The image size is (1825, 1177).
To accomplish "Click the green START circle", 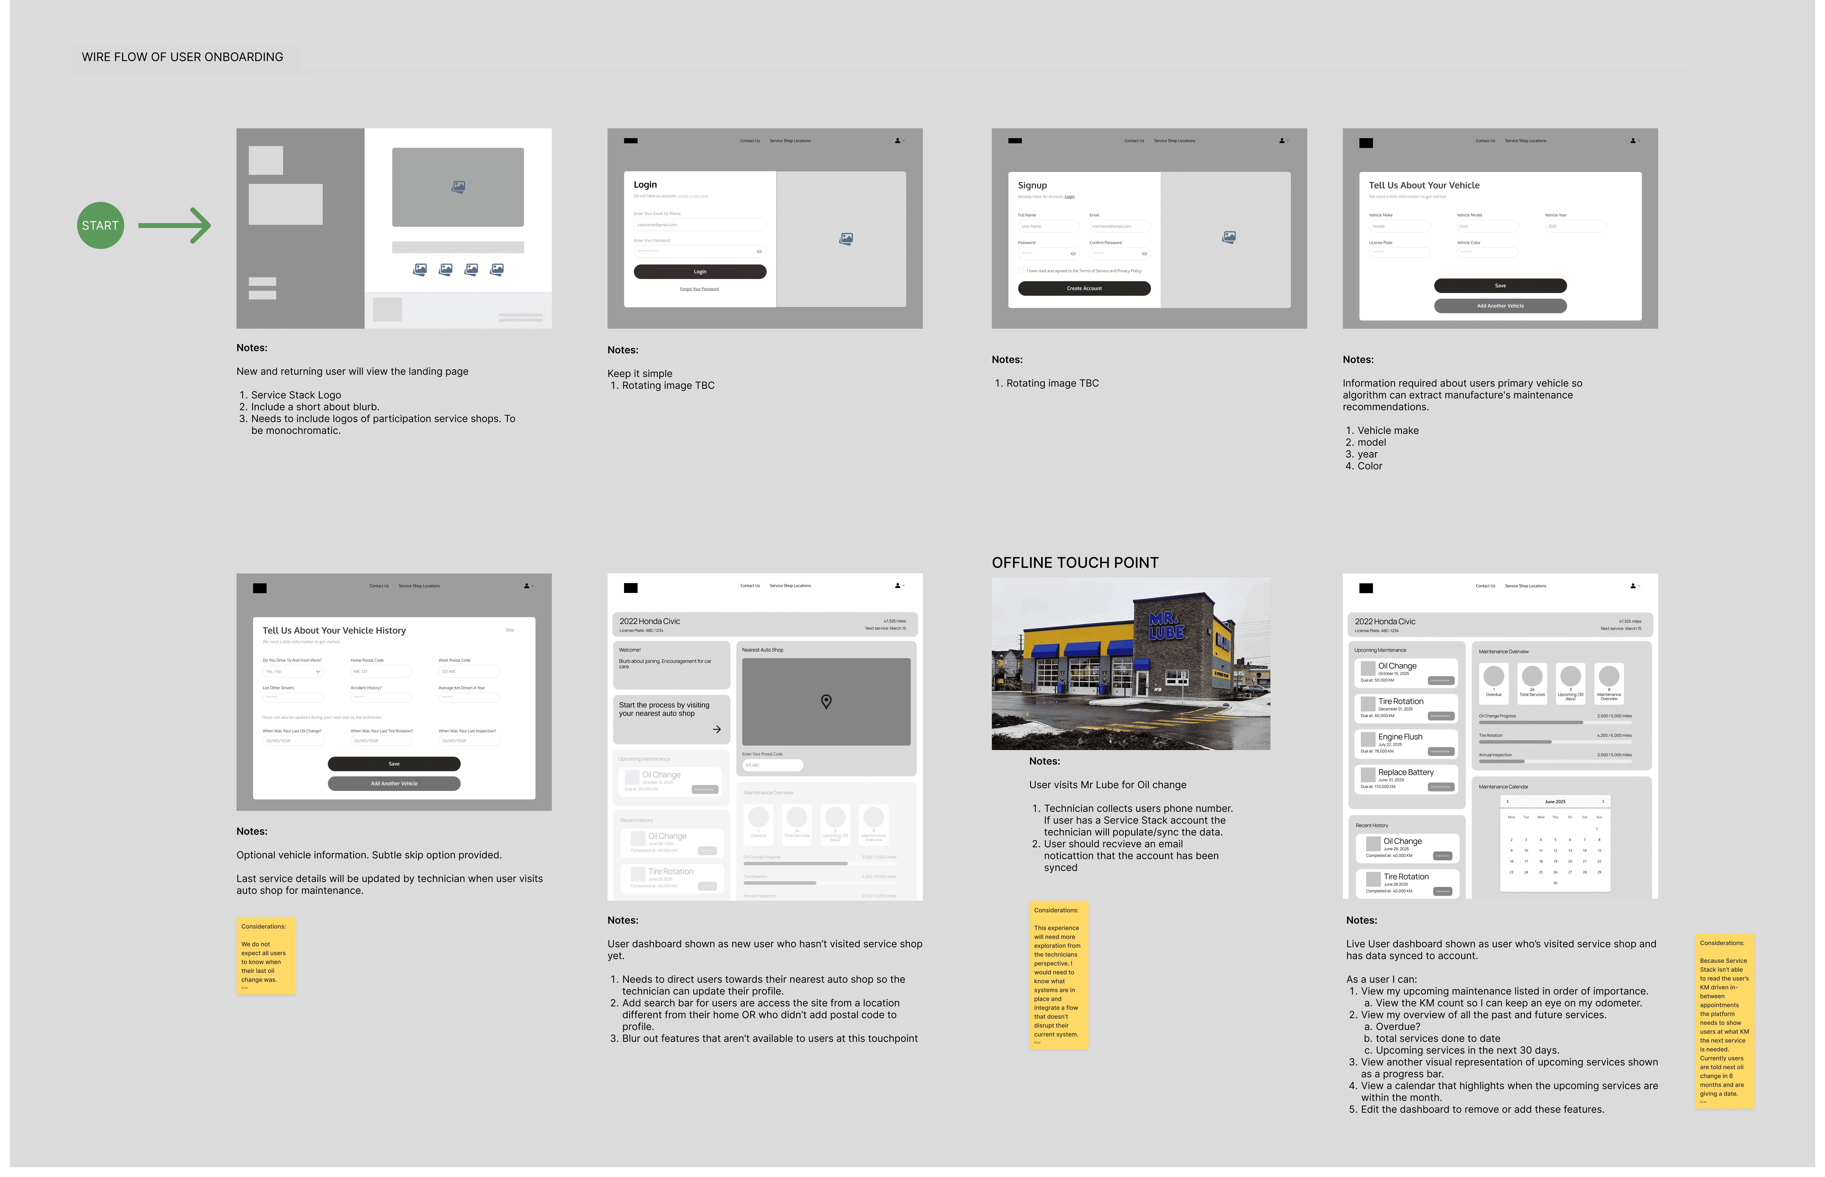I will (100, 226).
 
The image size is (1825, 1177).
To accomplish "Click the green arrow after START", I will (174, 226).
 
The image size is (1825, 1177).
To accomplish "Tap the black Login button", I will (700, 271).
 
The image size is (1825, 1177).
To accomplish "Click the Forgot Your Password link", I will (699, 289).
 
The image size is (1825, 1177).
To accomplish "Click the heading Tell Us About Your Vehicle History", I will (334, 631).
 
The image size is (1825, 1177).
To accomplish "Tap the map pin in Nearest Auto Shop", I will (826, 702).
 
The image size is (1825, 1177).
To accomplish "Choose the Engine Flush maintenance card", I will (1405, 743).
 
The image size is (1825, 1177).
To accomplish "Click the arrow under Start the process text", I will (716, 729).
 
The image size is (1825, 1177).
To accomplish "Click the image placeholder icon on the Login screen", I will (845, 239).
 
